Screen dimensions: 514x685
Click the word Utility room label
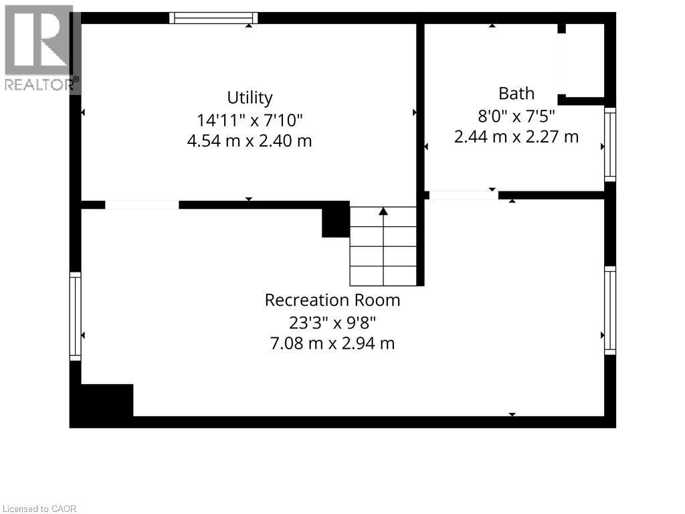[250, 98]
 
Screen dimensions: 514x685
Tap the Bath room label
[516, 93]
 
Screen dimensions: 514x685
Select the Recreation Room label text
[332, 300]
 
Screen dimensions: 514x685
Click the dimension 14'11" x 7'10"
[250, 120]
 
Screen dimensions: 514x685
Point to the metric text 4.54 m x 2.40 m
[250, 141]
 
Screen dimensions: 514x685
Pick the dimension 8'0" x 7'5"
[516, 115]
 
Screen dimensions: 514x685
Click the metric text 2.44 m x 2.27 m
[516, 137]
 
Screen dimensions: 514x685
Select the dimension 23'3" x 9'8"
[332, 322]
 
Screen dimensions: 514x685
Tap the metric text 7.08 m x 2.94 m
[332, 343]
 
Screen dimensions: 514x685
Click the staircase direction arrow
[383, 212]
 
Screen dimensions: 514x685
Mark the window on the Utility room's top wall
[213, 18]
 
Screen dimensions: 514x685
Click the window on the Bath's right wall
[609, 144]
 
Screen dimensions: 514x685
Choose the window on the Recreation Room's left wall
[76, 316]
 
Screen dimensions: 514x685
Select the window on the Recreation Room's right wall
[609, 310]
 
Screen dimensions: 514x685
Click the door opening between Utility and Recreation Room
[142, 205]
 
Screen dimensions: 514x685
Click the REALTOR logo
[39, 48]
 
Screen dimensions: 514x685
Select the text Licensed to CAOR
[39, 509]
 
